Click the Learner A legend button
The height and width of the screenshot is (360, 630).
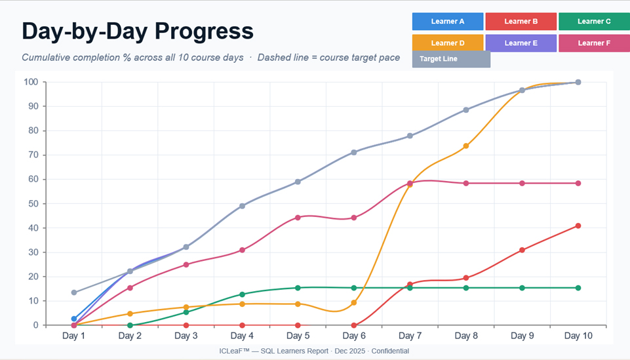point(448,21)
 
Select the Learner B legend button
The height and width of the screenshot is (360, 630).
point(521,21)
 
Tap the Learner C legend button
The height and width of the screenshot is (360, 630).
point(594,21)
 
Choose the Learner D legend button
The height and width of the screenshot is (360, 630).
point(448,43)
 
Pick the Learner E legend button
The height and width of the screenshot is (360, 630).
point(521,43)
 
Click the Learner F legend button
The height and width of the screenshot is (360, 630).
point(594,43)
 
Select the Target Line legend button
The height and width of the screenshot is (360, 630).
point(451,59)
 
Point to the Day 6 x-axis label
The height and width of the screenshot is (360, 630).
point(354,336)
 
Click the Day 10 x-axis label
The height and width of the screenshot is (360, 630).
point(578,336)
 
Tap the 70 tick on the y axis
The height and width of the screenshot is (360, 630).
point(33,155)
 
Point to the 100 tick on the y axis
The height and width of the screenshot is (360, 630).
point(31,82)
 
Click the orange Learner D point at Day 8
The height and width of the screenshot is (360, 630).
point(466,146)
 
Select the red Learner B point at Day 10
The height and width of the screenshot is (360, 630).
point(578,226)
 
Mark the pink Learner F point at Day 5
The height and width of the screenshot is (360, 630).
point(298,218)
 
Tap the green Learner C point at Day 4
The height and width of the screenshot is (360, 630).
point(243,294)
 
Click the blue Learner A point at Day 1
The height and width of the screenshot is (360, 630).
point(74,319)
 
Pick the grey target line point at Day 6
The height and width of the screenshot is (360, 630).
point(354,153)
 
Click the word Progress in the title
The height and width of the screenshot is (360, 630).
point(204,31)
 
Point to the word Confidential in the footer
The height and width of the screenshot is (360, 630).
point(390,351)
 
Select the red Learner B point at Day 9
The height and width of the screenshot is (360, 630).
point(522,250)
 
